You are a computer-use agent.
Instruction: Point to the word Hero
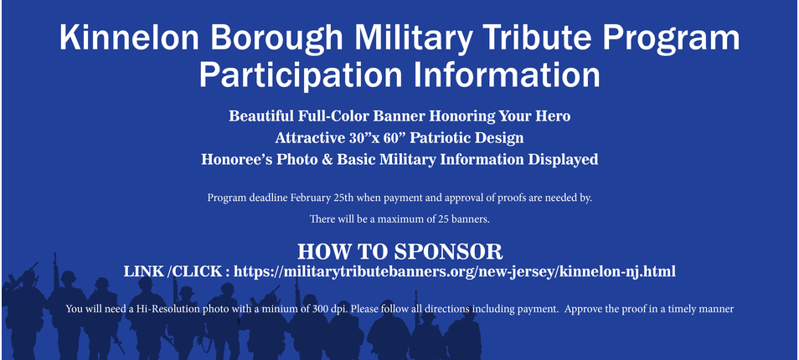point(553,116)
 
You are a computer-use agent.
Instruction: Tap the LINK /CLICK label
point(173,271)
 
